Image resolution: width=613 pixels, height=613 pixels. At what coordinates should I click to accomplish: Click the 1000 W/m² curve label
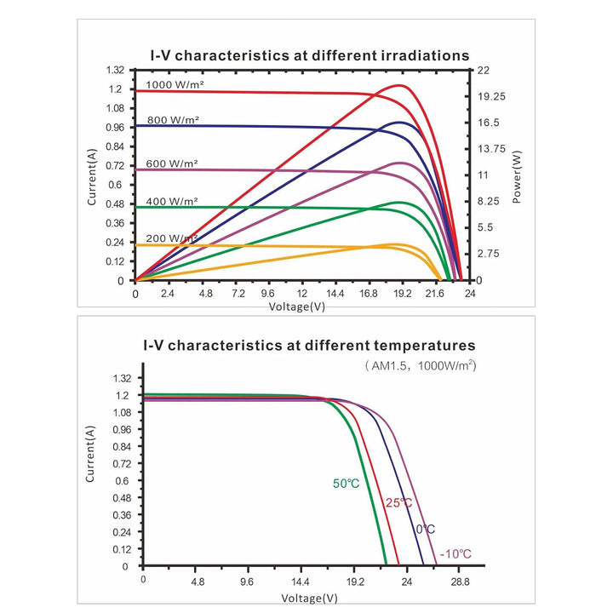click(x=175, y=84)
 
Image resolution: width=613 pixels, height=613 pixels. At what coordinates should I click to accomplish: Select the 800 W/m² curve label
click(x=173, y=120)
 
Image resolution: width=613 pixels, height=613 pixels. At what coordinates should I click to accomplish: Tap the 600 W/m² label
click(x=172, y=163)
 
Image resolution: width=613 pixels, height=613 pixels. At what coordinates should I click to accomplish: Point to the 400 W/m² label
click(x=172, y=201)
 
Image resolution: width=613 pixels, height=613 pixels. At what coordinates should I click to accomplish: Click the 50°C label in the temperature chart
click(x=346, y=484)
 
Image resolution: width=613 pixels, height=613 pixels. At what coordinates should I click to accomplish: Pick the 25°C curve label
click(x=398, y=503)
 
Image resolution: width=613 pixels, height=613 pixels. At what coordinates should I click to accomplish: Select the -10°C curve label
click(x=455, y=554)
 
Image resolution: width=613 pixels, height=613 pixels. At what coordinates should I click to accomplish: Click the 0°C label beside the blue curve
click(x=426, y=530)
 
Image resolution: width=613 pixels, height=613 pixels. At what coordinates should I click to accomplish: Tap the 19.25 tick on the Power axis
click(x=491, y=96)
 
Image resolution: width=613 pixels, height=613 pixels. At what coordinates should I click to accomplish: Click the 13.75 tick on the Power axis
click(x=491, y=149)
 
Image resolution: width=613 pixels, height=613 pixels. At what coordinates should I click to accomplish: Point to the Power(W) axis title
click(x=517, y=177)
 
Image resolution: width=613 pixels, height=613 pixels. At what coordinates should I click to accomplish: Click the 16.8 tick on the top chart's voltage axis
click(x=369, y=293)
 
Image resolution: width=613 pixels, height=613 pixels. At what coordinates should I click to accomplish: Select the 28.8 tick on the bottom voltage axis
click(x=460, y=581)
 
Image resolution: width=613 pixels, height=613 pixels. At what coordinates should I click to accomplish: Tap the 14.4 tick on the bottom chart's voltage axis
click(x=301, y=581)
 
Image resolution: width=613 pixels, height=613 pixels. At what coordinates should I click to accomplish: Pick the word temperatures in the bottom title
click(x=425, y=346)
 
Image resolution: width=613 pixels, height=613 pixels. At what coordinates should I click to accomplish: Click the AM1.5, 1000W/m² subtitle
click(x=421, y=366)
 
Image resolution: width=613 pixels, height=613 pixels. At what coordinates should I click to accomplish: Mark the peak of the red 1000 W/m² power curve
click(x=399, y=85)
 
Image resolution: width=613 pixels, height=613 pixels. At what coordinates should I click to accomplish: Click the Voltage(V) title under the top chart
click(x=297, y=306)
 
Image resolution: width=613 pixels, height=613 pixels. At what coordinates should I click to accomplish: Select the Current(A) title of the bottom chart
click(x=90, y=454)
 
